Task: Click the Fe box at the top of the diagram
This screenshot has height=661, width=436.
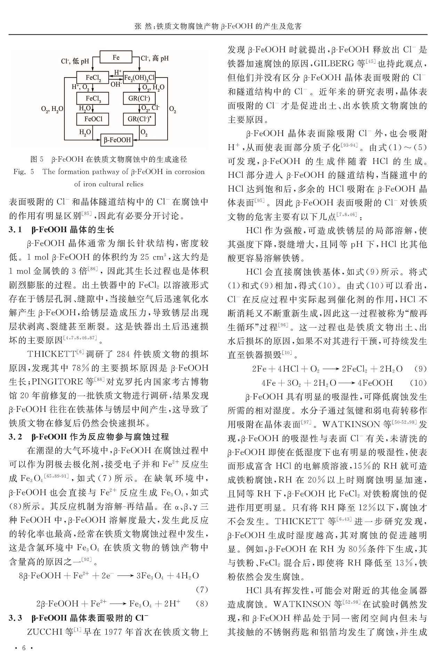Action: pos(116,57)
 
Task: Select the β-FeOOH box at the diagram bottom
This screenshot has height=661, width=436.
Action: pos(116,140)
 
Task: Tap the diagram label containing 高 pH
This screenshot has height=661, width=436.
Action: pos(155,59)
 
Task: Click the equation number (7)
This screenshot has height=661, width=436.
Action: pos(202,590)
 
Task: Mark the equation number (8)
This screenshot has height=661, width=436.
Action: pos(202,604)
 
